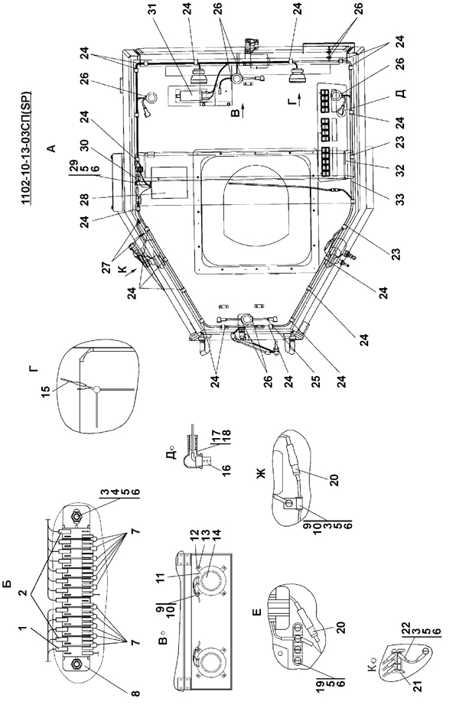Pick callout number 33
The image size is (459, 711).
[400, 199]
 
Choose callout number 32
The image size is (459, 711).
[400, 170]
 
